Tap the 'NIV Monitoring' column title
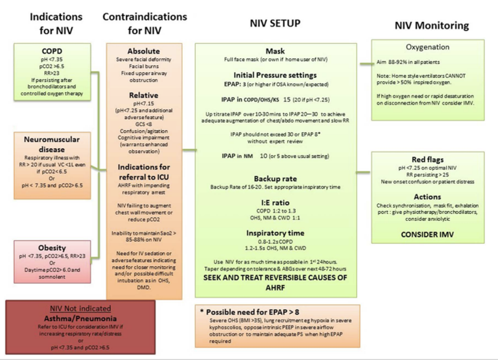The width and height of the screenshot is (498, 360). [431, 25]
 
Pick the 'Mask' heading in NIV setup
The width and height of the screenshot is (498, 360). [276, 52]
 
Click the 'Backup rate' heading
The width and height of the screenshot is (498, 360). [276, 178]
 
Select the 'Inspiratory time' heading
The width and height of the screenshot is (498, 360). [276, 233]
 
